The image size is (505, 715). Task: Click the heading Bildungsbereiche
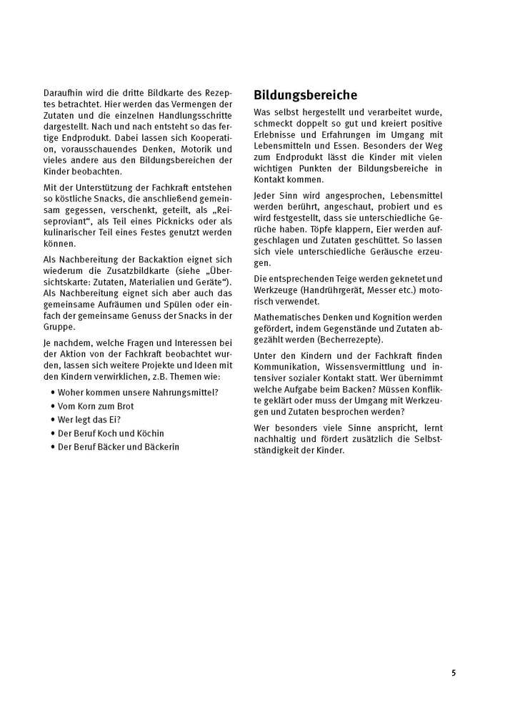point(306,95)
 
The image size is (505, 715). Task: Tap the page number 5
point(454,674)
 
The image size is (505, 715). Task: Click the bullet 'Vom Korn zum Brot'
point(96,406)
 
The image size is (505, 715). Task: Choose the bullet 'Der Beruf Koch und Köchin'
point(111,433)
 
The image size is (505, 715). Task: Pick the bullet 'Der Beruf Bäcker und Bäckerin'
point(119,447)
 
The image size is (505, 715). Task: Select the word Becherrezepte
point(352,339)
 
